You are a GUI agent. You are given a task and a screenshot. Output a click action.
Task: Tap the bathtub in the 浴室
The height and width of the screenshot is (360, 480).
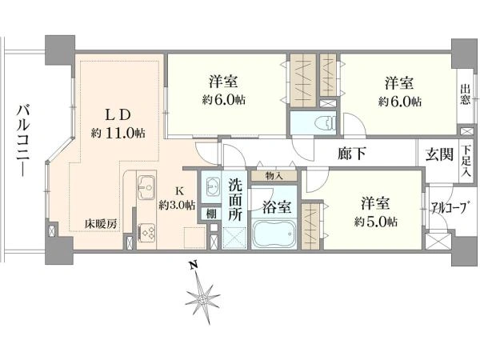tap(274, 234)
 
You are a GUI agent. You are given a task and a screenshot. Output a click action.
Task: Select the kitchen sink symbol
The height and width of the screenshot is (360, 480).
tap(146, 187)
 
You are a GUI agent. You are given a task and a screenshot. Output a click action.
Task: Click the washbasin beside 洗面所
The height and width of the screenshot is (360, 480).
tap(211, 186)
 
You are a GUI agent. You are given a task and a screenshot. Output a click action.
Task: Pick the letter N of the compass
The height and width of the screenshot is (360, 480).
tap(193, 265)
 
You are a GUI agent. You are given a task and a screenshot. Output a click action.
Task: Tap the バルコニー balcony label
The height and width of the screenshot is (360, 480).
tap(23, 141)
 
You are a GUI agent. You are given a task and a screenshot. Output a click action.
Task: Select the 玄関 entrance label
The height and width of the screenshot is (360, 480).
tap(439, 154)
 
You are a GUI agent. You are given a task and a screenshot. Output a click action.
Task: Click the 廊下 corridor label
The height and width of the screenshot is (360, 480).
tap(352, 154)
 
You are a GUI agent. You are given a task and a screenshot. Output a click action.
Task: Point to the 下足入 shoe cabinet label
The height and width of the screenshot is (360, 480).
tap(466, 161)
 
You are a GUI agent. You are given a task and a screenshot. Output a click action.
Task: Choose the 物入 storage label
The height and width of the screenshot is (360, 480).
tap(274, 176)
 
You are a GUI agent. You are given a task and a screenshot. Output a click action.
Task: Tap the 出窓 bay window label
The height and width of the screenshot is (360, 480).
tap(466, 95)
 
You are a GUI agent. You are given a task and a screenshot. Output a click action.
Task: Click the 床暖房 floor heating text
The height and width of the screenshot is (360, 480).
tap(101, 224)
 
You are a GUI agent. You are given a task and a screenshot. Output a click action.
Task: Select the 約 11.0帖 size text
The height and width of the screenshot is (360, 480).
tap(118, 133)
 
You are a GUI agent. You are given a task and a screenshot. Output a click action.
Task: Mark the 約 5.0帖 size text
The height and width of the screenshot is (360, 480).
tap(376, 222)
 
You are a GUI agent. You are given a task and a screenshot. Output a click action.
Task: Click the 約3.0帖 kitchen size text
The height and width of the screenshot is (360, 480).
tap(177, 205)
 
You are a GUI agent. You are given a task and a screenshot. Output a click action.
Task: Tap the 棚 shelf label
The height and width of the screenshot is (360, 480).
tap(211, 214)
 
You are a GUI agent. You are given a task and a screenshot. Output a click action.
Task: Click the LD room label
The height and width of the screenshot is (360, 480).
tap(118, 115)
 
